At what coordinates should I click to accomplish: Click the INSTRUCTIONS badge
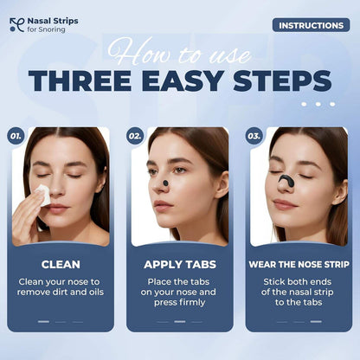[311, 24]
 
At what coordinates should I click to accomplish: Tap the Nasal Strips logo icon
[16, 26]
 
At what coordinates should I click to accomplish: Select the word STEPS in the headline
[283, 81]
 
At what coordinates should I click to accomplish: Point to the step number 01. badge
[16, 136]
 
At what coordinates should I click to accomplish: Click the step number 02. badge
[135, 136]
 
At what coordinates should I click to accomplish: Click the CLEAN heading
[61, 264]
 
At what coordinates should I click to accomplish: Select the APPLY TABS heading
[180, 264]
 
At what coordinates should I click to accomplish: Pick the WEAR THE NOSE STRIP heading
[299, 264]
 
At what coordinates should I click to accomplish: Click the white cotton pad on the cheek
[41, 196]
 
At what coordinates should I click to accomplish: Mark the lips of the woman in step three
[285, 205]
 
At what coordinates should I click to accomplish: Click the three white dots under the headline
[324, 103]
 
